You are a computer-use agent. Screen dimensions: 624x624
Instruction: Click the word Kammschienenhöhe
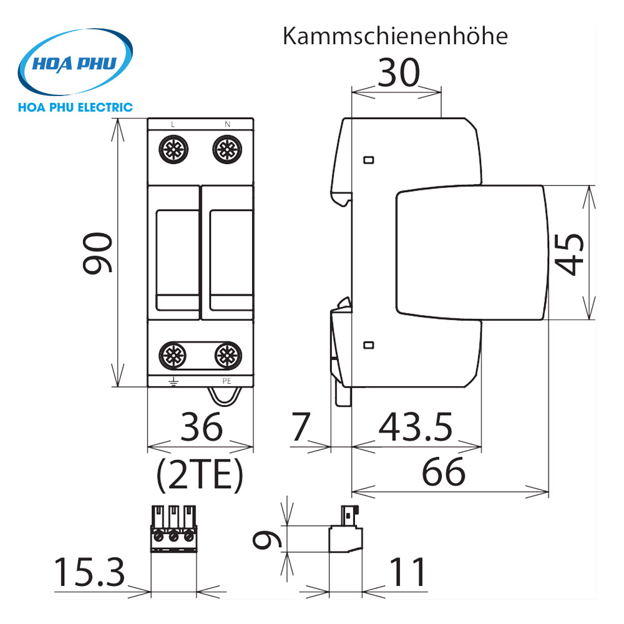pyautogui.click(x=395, y=36)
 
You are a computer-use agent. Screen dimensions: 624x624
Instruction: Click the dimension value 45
pyautogui.click(x=570, y=254)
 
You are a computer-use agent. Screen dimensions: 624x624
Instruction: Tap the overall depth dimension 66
pyautogui.click(x=445, y=472)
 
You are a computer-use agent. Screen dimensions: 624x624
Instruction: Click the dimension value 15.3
pyautogui.click(x=90, y=573)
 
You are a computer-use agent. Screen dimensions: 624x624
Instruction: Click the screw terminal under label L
pyautogui.click(x=173, y=150)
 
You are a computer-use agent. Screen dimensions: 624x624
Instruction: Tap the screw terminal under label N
pyautogui.click(x=227, y=150)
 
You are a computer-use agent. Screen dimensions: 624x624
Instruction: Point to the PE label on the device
pyautogui.click(x=227, y=380)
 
